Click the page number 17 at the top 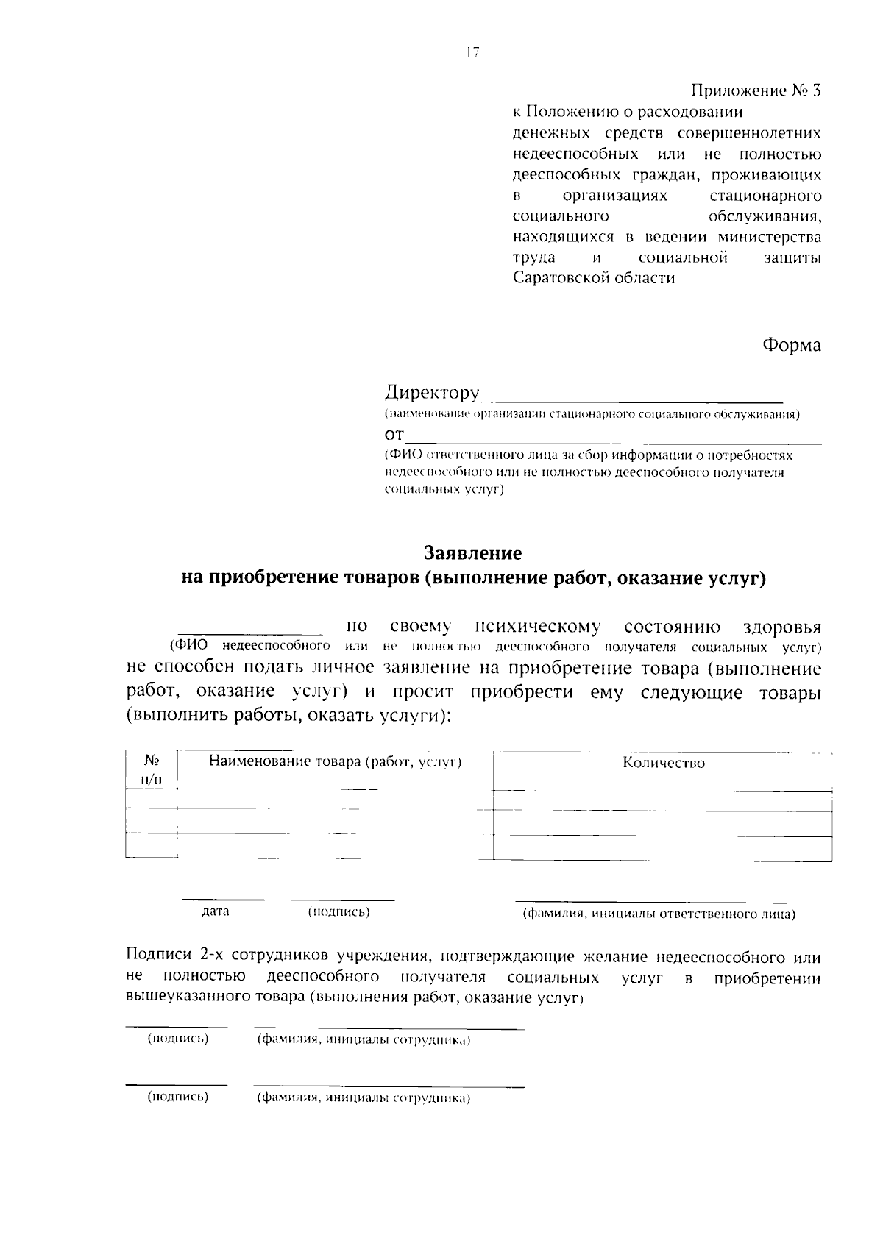tap(472, 51)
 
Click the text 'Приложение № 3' tap(755, 91)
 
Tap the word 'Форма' tap(791, 345)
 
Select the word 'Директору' tap(432, 393)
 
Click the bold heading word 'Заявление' tap(473, 552)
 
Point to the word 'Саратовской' tap(561, 279)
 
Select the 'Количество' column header tap(663, 764)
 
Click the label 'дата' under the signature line tap(216, 911)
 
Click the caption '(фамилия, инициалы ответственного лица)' tap(658, 914)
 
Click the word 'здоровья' tap(781, 627)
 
